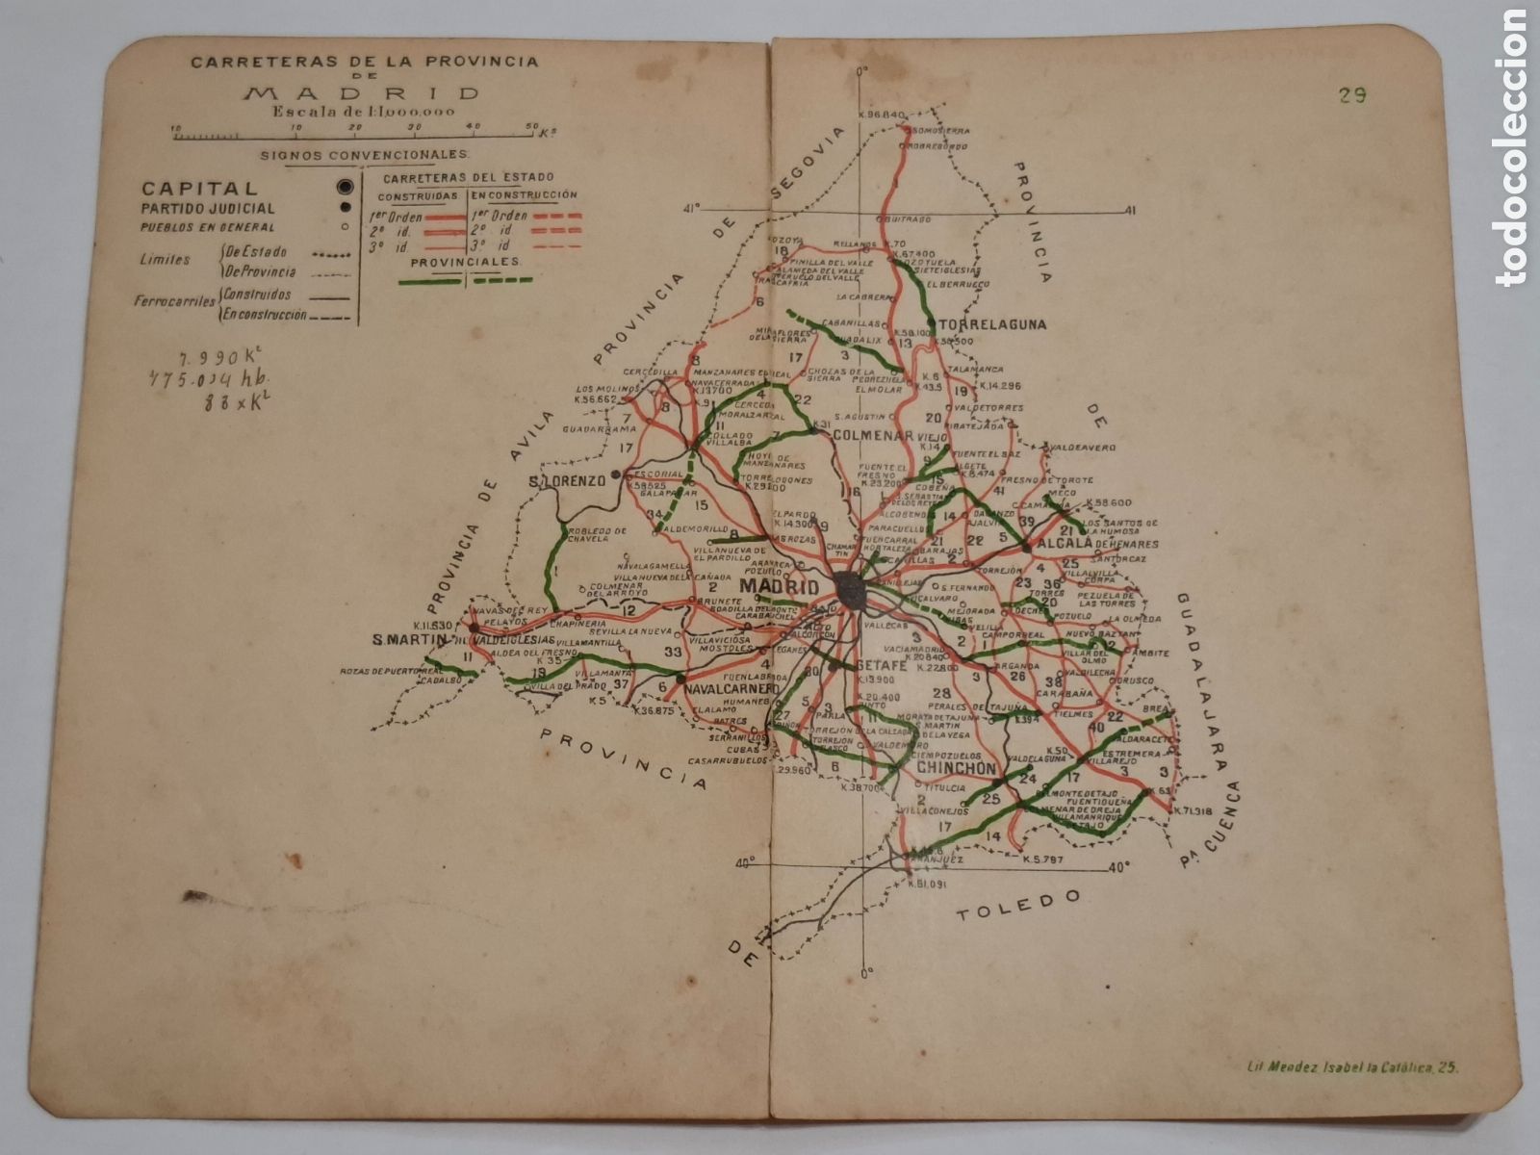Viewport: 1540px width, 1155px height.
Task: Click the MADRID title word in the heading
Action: pos(362,93)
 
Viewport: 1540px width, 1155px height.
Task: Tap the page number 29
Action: pos(1351,94)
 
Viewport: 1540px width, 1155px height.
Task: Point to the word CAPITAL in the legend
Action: pos(198,189)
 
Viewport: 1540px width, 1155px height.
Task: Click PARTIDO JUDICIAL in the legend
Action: pos(208,208)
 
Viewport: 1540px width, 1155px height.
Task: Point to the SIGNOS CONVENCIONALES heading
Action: pos(364,154)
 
